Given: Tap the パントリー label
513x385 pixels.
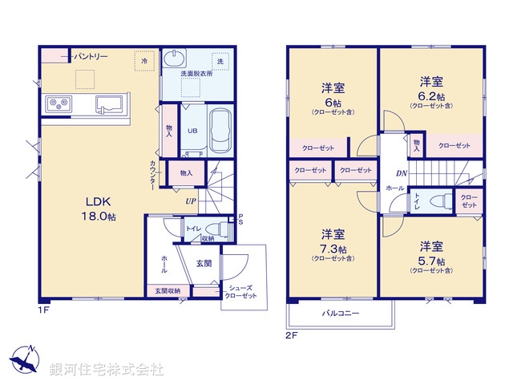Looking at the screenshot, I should point(91,57).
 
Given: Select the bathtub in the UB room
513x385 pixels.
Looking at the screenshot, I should point(221,132).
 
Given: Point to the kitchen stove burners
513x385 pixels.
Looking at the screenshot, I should point(58,103).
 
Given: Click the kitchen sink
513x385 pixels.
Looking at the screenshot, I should point(110,103).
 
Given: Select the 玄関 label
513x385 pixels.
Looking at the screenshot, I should point(204,264).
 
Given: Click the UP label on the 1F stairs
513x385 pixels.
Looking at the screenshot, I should point(191,201).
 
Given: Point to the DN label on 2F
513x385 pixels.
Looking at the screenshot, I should point(400,173).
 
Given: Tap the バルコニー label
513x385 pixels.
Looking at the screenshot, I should point(341,313).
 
